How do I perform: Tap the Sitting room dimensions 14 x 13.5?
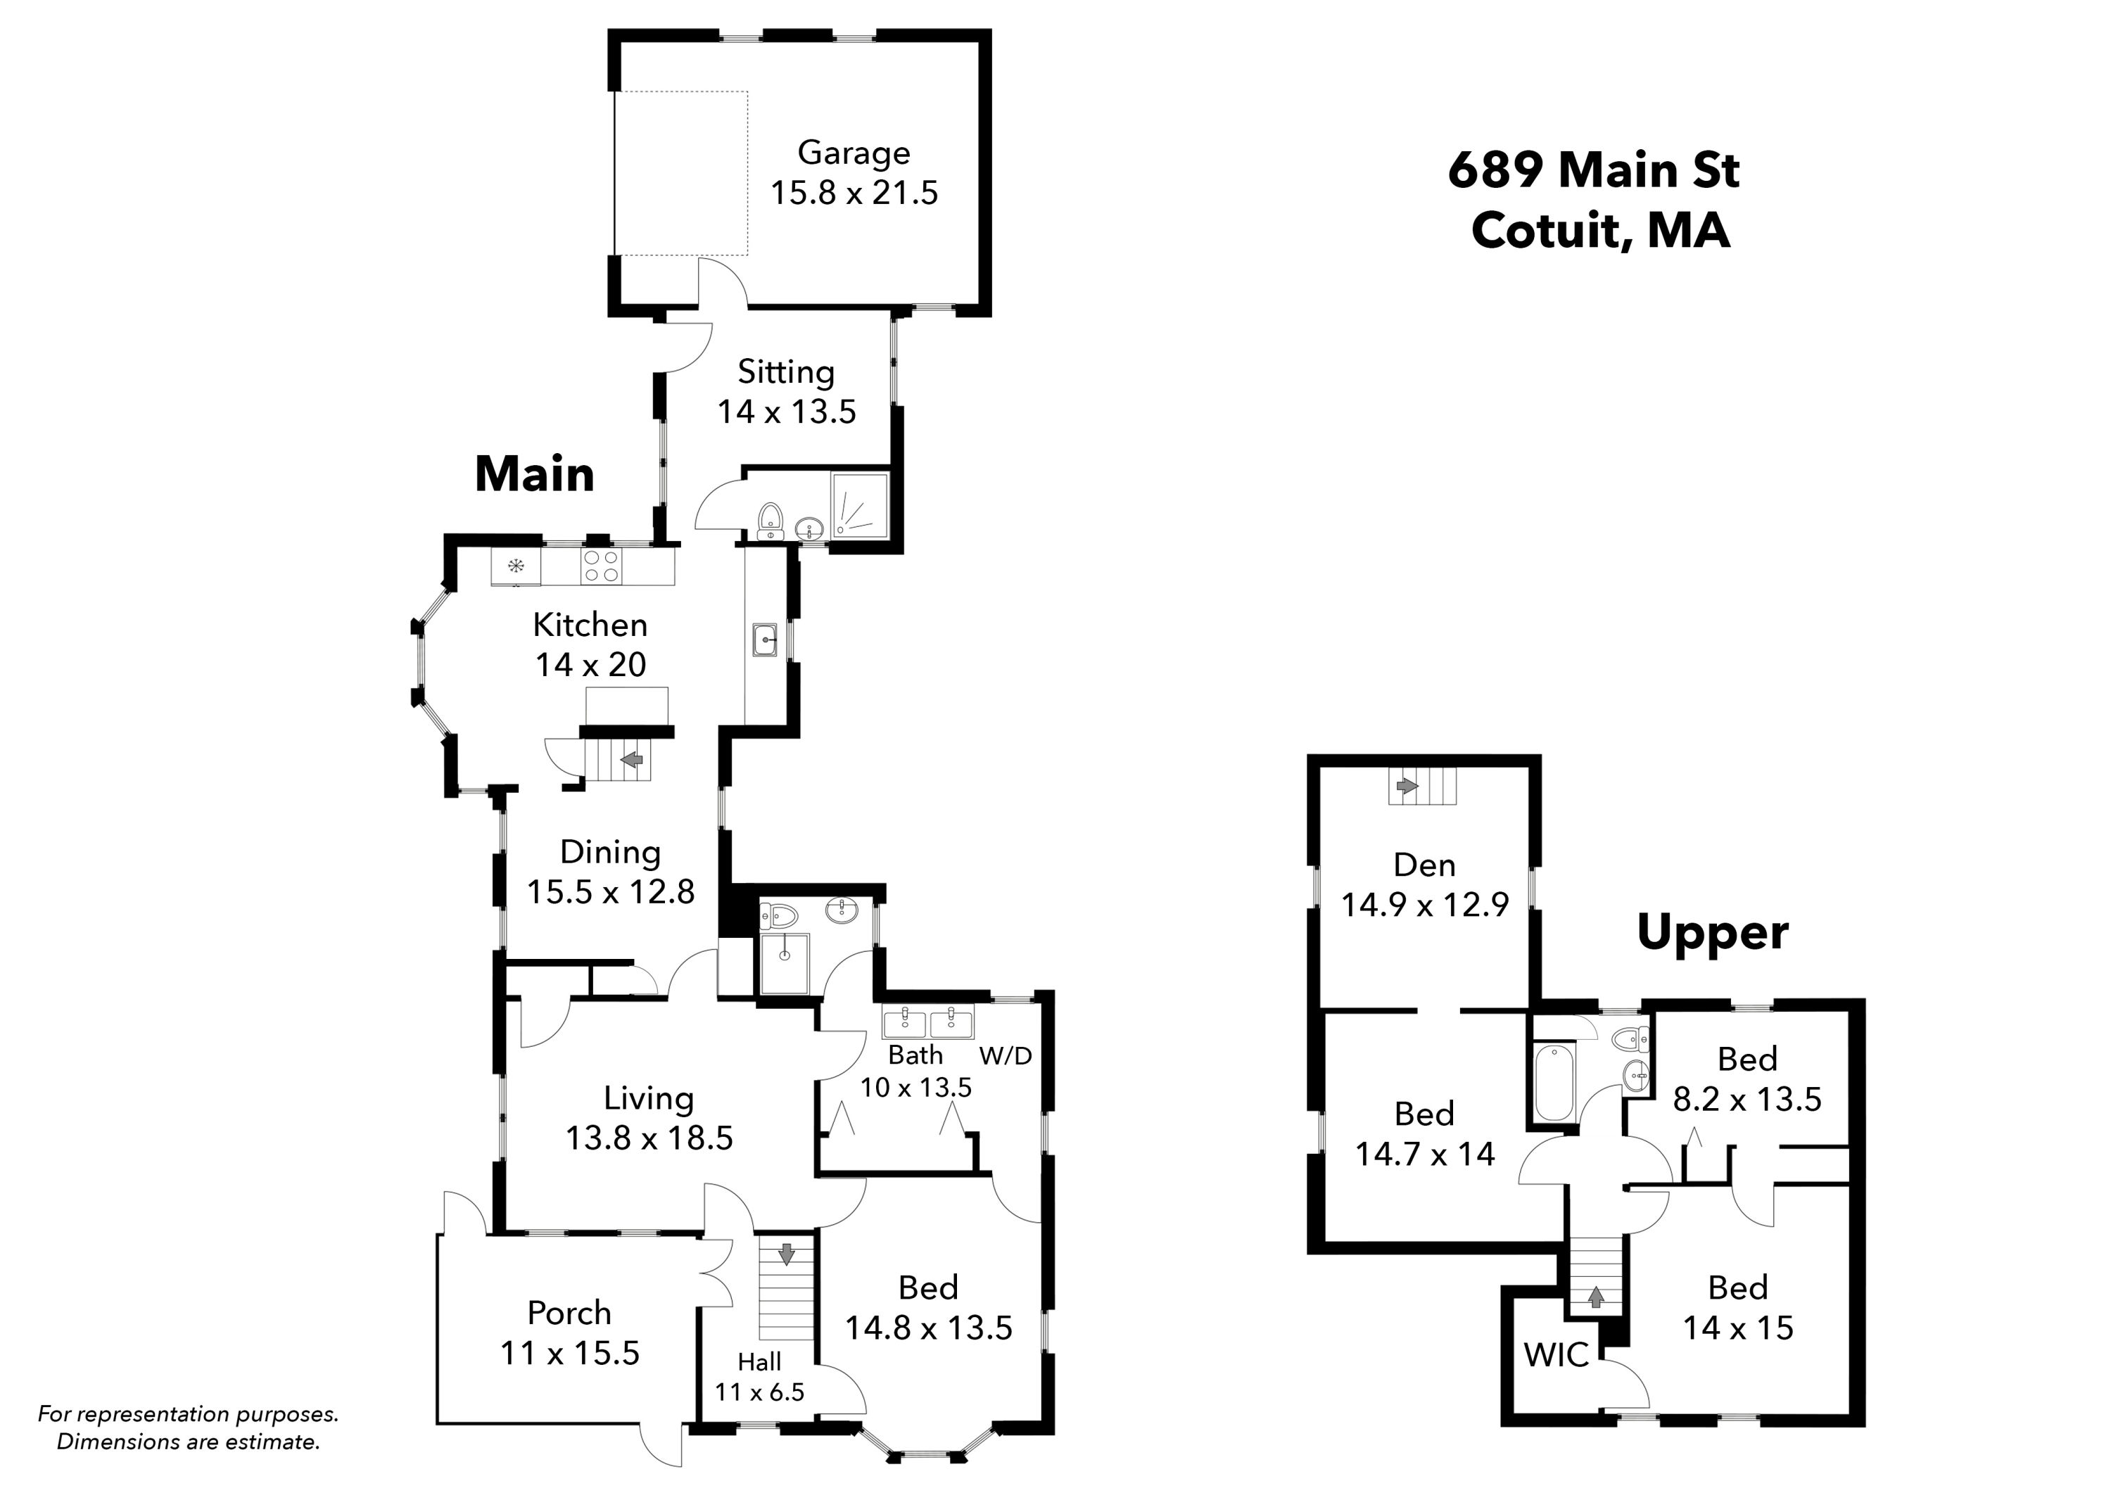(x=786, y=411)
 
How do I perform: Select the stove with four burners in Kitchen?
(x=600, y=567)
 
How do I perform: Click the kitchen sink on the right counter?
(x=766, y=640)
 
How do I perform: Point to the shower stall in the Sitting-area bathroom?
(x=859, y=505)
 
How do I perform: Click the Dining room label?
(x=611, y=852)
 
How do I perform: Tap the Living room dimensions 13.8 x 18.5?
(x=649, y=1138)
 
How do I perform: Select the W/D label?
(x=1006, y=1056)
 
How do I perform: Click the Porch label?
(x=570, y=1312)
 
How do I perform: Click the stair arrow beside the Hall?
(x=786, y=1254)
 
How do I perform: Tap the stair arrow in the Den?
(x=1407, y=786)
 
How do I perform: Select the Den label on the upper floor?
(x=1424, y=865)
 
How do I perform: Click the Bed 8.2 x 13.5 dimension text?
(x=1747, y=1100)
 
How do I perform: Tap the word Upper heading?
(x=1712, y=934)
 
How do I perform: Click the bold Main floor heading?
(x=535, y=474)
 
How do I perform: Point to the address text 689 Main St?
(x=1593, y=170)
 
